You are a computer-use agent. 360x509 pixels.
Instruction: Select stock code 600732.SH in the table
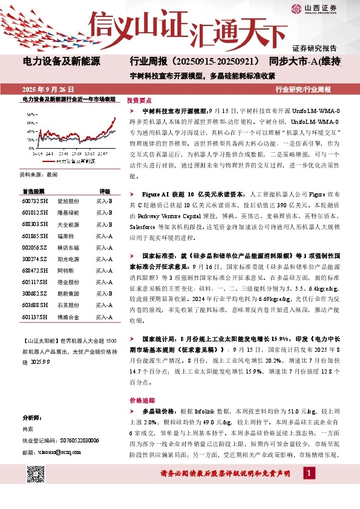pos(34,200)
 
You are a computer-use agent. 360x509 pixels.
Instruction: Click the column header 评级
pos(105,189)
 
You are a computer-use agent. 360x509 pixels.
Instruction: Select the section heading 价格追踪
pos(139,400)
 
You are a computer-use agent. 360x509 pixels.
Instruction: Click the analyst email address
pos(51,451)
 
